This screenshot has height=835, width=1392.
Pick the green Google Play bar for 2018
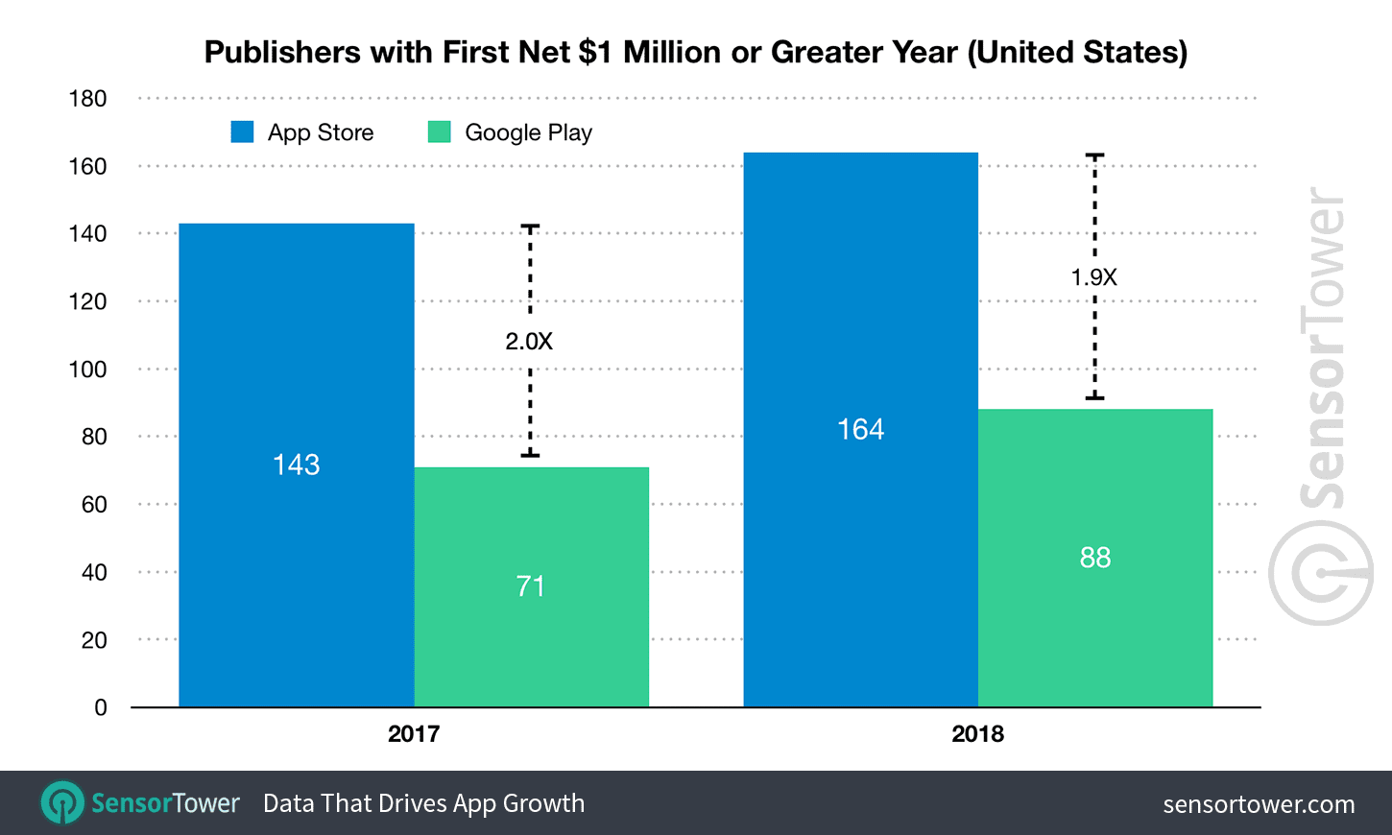[x=1094, y=633]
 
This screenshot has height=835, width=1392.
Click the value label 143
[x=296, y=465]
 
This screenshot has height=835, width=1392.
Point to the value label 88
[x=1094, y=558]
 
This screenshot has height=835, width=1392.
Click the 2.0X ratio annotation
[x=529, y=341]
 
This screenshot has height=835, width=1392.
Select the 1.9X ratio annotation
[x=1093, y=277]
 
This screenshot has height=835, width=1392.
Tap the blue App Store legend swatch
[x=242, y=131]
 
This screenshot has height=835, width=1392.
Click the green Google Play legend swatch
[x=439, y=131]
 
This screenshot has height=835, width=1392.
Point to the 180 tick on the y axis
[x=87, y=99]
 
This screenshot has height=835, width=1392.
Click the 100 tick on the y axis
[x=87, y=370]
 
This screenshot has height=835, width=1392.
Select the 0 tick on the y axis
[x=101, y=708]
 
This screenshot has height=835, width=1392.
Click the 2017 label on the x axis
[x=414, y=734]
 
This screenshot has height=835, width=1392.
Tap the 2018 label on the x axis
[x=977, y=734]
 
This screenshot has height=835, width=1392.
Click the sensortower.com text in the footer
[x=1259, y=804]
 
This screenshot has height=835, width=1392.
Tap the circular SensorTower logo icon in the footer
[x=62, y=802]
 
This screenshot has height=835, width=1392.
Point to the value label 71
[x=531, y=586]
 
